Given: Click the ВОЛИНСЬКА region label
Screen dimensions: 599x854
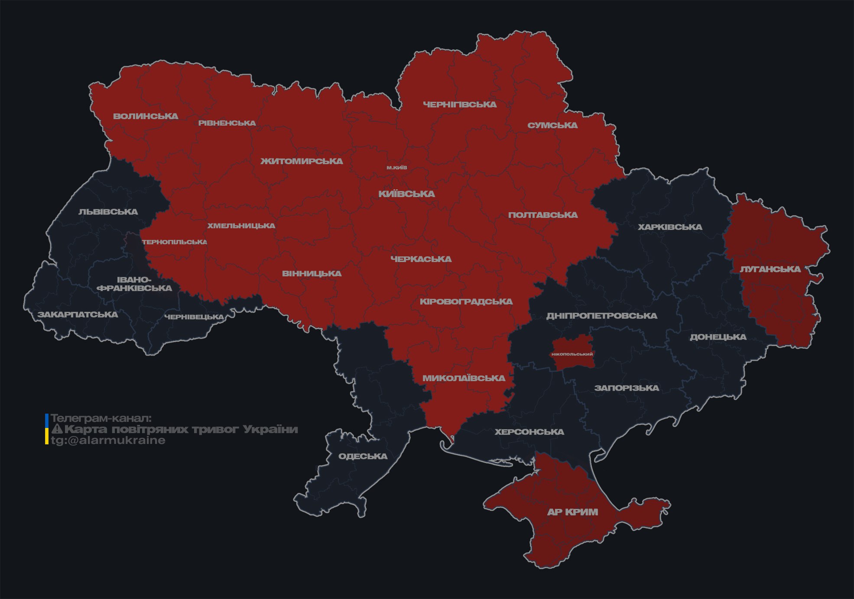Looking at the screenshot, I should (146, 116).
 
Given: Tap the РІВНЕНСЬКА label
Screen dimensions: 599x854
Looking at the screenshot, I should (227, 123).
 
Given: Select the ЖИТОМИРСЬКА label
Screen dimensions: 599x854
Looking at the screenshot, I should (302, 161).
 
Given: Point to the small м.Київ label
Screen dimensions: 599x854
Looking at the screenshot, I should (397, 168).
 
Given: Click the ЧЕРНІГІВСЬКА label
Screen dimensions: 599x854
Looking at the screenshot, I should (460, 104).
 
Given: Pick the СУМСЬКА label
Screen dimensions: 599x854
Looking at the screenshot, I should (552, 125).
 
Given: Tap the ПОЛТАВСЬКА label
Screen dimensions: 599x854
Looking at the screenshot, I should (543, 215).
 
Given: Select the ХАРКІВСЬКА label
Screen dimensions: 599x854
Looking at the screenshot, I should (670, 227).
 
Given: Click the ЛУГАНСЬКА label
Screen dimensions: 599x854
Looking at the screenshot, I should (770, 269).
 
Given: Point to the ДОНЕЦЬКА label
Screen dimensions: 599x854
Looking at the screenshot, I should (718, 337).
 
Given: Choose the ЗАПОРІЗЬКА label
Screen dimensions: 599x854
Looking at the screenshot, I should (627, 388).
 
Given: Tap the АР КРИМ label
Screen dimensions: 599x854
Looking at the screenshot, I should (572, 512).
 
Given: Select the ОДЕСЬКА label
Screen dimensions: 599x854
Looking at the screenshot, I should (363, 456).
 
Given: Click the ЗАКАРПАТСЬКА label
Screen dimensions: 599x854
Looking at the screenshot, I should (78, 314).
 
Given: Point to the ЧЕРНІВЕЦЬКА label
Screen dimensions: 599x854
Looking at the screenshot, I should (194, 317).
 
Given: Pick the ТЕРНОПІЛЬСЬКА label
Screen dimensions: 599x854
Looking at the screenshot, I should (175, 242).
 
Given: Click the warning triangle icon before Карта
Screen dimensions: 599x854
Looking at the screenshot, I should (57, 429).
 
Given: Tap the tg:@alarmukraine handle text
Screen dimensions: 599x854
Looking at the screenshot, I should (108, 440).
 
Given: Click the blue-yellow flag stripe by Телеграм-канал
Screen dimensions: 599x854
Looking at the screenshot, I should (47, 429).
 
